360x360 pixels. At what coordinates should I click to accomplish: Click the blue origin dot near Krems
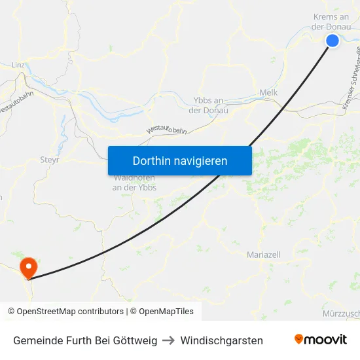point(333,41)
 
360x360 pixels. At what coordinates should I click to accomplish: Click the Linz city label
point(18,65)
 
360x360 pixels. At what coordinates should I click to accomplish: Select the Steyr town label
point(50,159)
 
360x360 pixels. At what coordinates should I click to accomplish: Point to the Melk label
point(268,93)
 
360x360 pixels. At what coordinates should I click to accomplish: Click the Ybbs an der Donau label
point(210,105)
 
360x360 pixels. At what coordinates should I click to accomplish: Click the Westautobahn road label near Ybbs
point(166,130)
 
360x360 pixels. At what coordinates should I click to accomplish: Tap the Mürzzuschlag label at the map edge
point(341,314)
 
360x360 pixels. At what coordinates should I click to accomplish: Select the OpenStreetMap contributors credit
point(65,312)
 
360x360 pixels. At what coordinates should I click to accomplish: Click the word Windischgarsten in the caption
point(221,340)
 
